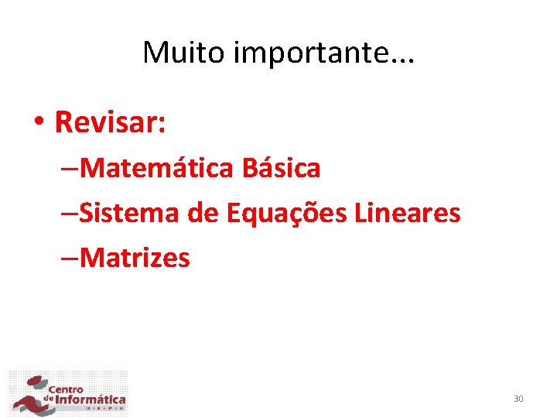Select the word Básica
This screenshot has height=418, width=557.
281,167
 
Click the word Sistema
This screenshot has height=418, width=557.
129,212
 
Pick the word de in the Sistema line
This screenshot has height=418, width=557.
203,212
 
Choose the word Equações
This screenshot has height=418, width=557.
286,213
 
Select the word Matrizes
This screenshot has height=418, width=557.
134,257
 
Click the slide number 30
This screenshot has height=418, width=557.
518,399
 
